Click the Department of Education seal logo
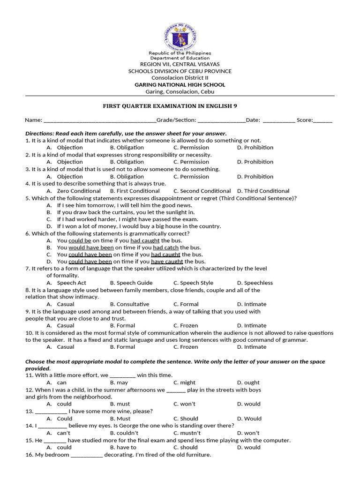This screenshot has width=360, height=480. click(180, 36)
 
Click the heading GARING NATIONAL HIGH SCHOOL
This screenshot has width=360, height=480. click(180, 85)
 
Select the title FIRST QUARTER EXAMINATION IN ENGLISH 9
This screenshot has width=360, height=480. click(180, 106)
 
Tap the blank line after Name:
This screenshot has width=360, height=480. click(99, 120)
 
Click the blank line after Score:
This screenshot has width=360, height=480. click(323, 120)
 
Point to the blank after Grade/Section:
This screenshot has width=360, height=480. click(221, 120)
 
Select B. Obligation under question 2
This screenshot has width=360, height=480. click(127, 162)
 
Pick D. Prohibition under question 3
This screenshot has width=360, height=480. click(255, 177)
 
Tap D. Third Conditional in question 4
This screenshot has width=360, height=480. click(263, 191)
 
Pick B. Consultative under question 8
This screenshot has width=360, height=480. click(130, 304)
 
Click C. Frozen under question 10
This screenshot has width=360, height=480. click(186, 347)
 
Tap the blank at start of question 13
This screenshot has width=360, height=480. click(51, 412)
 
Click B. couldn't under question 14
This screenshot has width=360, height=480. click(124, 433)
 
